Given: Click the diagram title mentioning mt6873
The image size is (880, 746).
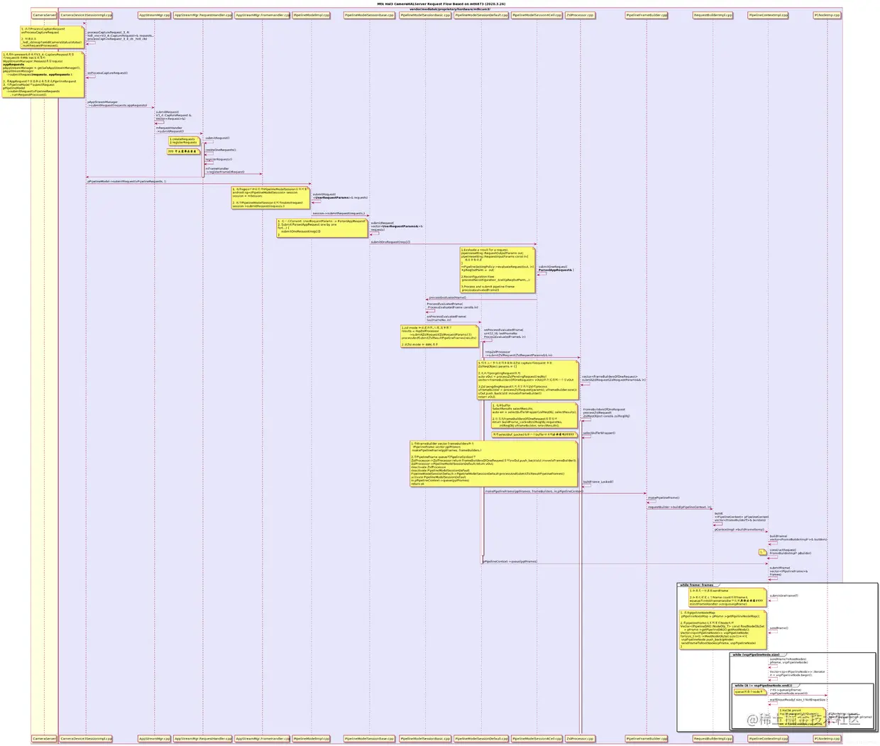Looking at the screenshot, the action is tap(441, 4).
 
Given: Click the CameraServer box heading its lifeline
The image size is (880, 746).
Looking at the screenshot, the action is tap(44, 14).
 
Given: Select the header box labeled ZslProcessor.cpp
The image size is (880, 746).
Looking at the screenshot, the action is tap(580, 14).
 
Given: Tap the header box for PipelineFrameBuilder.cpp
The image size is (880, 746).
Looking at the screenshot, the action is tap(646, 14).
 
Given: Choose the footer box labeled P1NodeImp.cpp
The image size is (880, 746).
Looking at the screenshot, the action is tap(826, 738).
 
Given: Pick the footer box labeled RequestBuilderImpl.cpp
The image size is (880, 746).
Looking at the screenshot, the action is tap(713, 738).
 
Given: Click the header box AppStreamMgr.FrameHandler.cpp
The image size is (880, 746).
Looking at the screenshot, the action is tap(262, 14).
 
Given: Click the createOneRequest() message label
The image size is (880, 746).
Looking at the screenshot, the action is tap(221, 150).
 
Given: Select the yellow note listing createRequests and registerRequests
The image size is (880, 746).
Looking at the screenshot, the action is tap(183, 141).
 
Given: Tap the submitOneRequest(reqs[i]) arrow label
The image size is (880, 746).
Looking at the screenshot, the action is tap(390, 242).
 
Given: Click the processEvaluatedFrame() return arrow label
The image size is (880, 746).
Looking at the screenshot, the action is tap(447, 297).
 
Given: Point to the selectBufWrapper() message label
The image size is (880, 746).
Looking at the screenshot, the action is tap(599, 433).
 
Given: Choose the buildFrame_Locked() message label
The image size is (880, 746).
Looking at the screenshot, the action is tap(598, 482).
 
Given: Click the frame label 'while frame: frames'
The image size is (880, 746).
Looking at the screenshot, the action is tap(696, 585).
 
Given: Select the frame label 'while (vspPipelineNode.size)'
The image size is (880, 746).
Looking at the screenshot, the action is tap(756, 654).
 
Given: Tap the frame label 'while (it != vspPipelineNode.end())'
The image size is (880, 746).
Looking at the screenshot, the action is tap(763, 686).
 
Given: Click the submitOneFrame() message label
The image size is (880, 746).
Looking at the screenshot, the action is tap(783, 596).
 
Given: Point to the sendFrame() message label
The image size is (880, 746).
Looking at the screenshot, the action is tap(779, 627).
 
